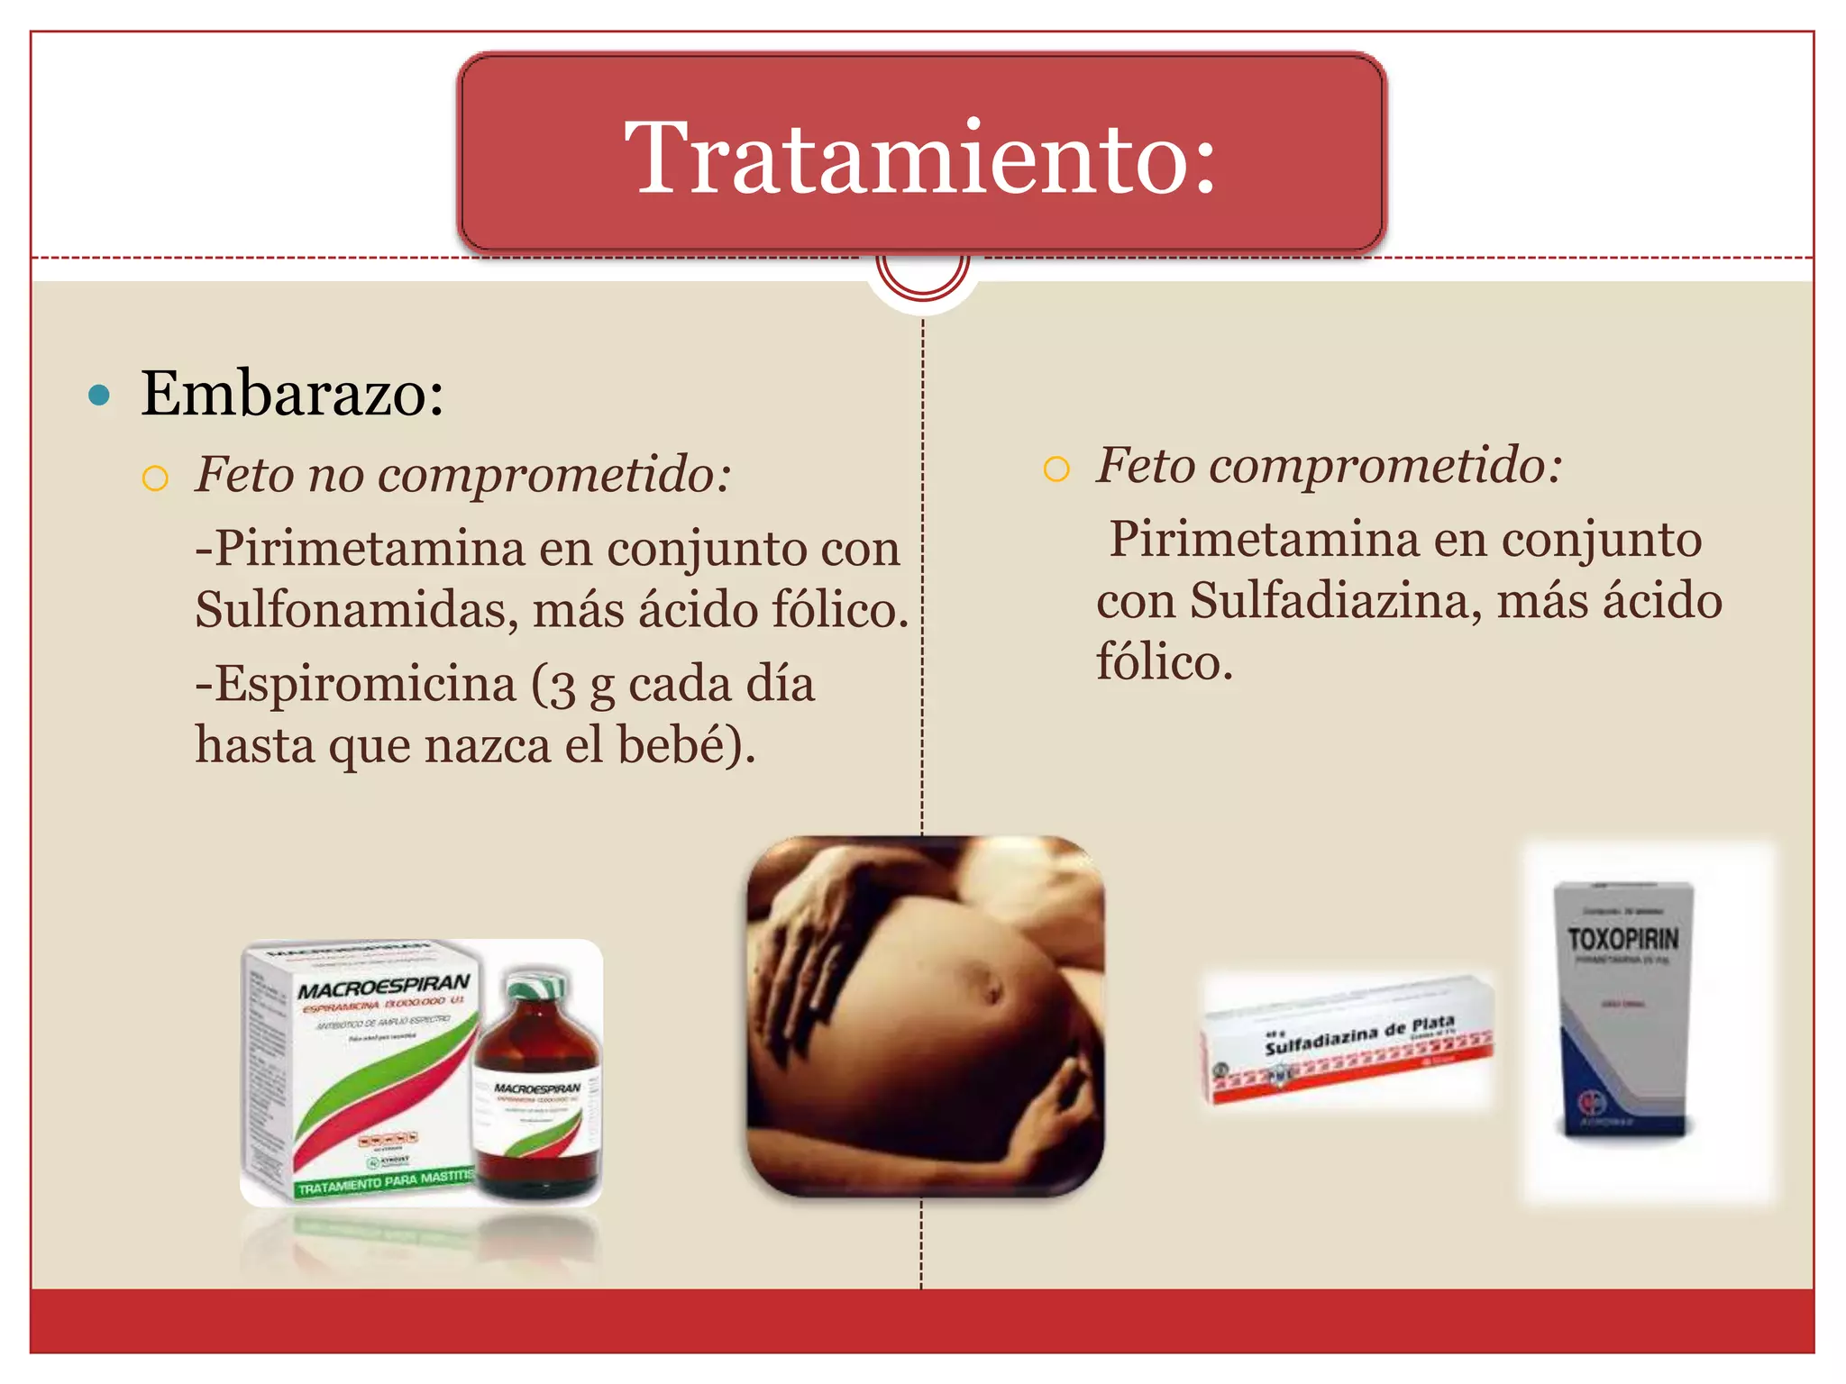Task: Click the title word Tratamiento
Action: tap(919, 158)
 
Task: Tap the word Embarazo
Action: tap(292, 394)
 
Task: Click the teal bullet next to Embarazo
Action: tap(100, 395)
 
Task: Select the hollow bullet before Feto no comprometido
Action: tap(155, 478)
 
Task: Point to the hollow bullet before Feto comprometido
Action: tap(1056, 469)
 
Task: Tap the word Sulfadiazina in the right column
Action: tap(1335, 601)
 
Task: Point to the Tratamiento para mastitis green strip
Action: tap(383, 1182)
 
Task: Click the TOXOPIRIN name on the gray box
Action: tap(1622, 940)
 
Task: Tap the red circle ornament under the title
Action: tap(922, 276)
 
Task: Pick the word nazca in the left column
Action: tap(487, 745)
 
